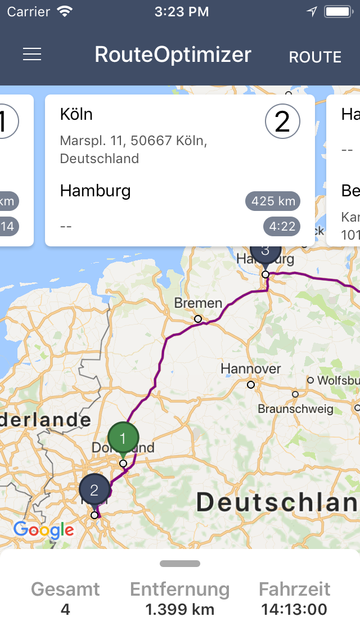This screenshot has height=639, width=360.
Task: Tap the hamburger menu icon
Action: [x=32, y=54]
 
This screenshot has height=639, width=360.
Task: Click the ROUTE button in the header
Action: [x=315, y=57]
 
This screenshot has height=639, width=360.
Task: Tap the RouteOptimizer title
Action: [x=173, y=55]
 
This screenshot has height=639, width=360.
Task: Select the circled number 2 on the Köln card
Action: [x=282, y=121]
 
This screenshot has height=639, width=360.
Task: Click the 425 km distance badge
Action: [x=273, y=201]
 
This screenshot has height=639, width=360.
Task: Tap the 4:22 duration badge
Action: [x=282, y=227]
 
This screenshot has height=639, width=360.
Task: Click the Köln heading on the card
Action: [x=76, y=114]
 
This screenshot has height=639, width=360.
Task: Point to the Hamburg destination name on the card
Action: [x=95, y=191]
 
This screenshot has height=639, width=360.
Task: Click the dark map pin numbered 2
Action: [x=94, y=490]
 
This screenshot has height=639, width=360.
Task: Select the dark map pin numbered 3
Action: [x=265, y=251]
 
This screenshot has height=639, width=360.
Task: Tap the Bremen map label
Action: [x=198, y=303]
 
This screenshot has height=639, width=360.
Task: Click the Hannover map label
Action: [x=250, y=368]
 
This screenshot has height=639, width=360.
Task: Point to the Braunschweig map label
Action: [x=295, y=409]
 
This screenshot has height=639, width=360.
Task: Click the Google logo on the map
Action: [x=43, y=529]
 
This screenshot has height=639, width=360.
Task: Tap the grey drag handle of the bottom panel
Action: [x=180, y=564]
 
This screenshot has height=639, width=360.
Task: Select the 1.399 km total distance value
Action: [x=179, y=609]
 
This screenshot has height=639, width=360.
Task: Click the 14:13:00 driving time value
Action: [x=294, y=609]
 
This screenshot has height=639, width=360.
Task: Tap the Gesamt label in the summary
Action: [x=65, y=589]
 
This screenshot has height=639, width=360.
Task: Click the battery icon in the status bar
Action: [x=339, y=11]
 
